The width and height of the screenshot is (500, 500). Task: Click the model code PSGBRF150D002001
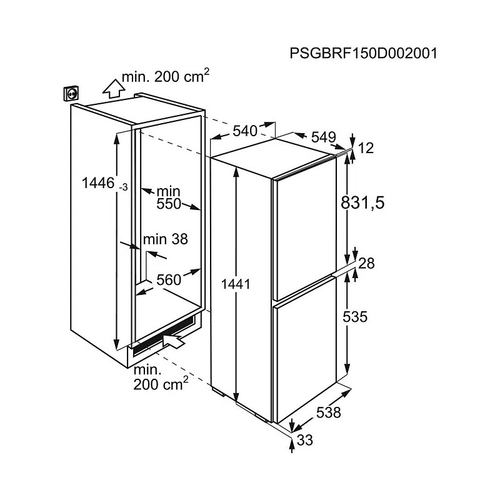[x=364, y=53]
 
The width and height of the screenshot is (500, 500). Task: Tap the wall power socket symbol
[x=72, y=94]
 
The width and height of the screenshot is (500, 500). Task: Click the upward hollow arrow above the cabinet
[x=114, y=89]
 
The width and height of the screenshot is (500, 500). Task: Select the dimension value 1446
[x=98, y=183]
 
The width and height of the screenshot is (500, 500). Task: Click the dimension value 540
[x=245, y=131]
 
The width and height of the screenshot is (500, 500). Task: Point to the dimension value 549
[x=324, y=137]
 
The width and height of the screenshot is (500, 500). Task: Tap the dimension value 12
[x=366, y=148]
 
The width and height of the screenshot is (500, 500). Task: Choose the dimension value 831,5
[x=363, y=202]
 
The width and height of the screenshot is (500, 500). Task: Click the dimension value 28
[x=366, y=264]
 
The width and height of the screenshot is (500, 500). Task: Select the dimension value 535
[x=355, y=317]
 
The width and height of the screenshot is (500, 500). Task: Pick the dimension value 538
[x=329, y=412]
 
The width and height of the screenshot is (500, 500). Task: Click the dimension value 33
[x=305, y=441]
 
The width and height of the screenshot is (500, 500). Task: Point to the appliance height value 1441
[x=236, y=284]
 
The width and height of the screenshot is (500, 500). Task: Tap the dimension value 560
[x=169, y=280]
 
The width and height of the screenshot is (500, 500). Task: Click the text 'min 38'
[x=166, y=239]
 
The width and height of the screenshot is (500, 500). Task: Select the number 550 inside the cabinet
[x=169, y=204]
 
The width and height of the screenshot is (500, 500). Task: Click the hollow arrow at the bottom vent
[x=174, y=341]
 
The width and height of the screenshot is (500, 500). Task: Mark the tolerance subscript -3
[x=123, y=187]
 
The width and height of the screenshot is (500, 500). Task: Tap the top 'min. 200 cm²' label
[x=166, y=76]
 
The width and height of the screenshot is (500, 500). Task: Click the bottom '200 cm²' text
[x=161, y=384]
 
